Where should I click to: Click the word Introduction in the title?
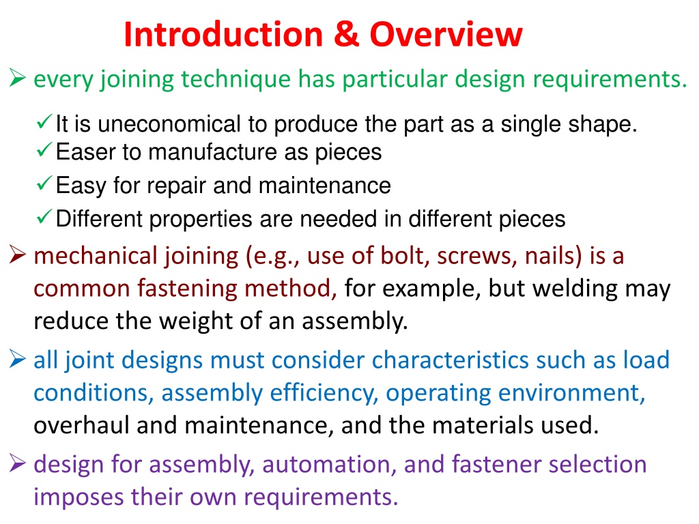pos(223,34)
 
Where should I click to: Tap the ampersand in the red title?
pos(346,34)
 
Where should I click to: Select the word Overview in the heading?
pos(446,34)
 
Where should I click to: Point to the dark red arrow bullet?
pos(17,255)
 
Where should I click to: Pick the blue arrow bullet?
pos(17,359)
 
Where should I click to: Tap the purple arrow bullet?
pos(17,463)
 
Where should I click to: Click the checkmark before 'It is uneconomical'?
pos(44,121)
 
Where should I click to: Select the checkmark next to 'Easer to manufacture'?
pos(44,149)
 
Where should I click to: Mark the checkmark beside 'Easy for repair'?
pos(44,183)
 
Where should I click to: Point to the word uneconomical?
pos(169,124)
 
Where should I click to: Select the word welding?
pos(575,289)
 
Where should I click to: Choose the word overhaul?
pos(82,424)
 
